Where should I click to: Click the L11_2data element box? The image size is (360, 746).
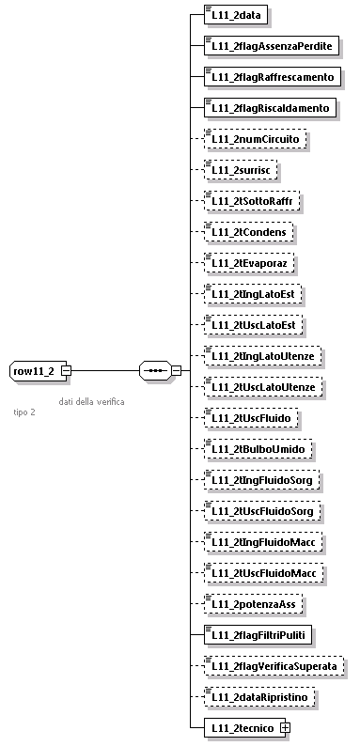pos(237,15)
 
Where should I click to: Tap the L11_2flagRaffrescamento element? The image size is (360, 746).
pos(269,76)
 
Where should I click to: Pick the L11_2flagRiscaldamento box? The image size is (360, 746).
pos(268,107)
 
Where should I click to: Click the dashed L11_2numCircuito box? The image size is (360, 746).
pos(255,138)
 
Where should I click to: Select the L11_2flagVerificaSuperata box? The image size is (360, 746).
pos(274,664)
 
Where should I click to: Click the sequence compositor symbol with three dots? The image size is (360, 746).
pos(153,370)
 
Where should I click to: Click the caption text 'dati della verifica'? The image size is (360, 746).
pos(91,401)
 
